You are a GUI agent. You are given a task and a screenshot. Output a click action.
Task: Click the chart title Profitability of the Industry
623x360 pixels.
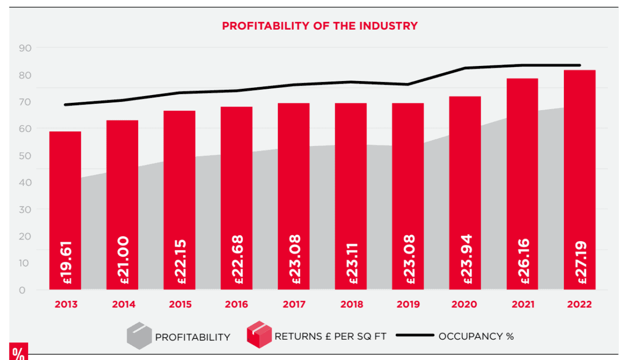click(x=319, y=26)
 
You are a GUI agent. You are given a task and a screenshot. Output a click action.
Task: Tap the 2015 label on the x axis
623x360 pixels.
click(x=179, y=304)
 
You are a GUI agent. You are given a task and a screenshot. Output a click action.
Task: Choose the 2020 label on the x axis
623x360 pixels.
click(x=465, y=304)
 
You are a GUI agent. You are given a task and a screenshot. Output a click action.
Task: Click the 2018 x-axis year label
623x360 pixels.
click(x=350, y=304)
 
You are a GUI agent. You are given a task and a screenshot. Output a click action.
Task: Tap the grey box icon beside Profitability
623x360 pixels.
click(x=140, y=336)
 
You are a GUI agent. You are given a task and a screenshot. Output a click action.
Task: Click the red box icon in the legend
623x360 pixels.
click(x=259, y=335)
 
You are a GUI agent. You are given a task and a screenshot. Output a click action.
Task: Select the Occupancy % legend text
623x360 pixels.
click(x=476, y=336)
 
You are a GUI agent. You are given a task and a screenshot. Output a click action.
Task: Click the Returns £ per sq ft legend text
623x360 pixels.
click(x=331, y=336)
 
